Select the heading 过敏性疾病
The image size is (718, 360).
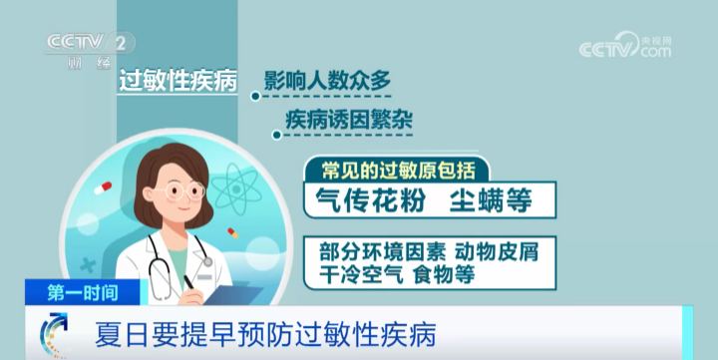(x=178, y=83)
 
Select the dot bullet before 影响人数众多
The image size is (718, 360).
(x=255, y=97)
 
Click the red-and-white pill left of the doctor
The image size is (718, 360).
(x=102, y=186)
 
